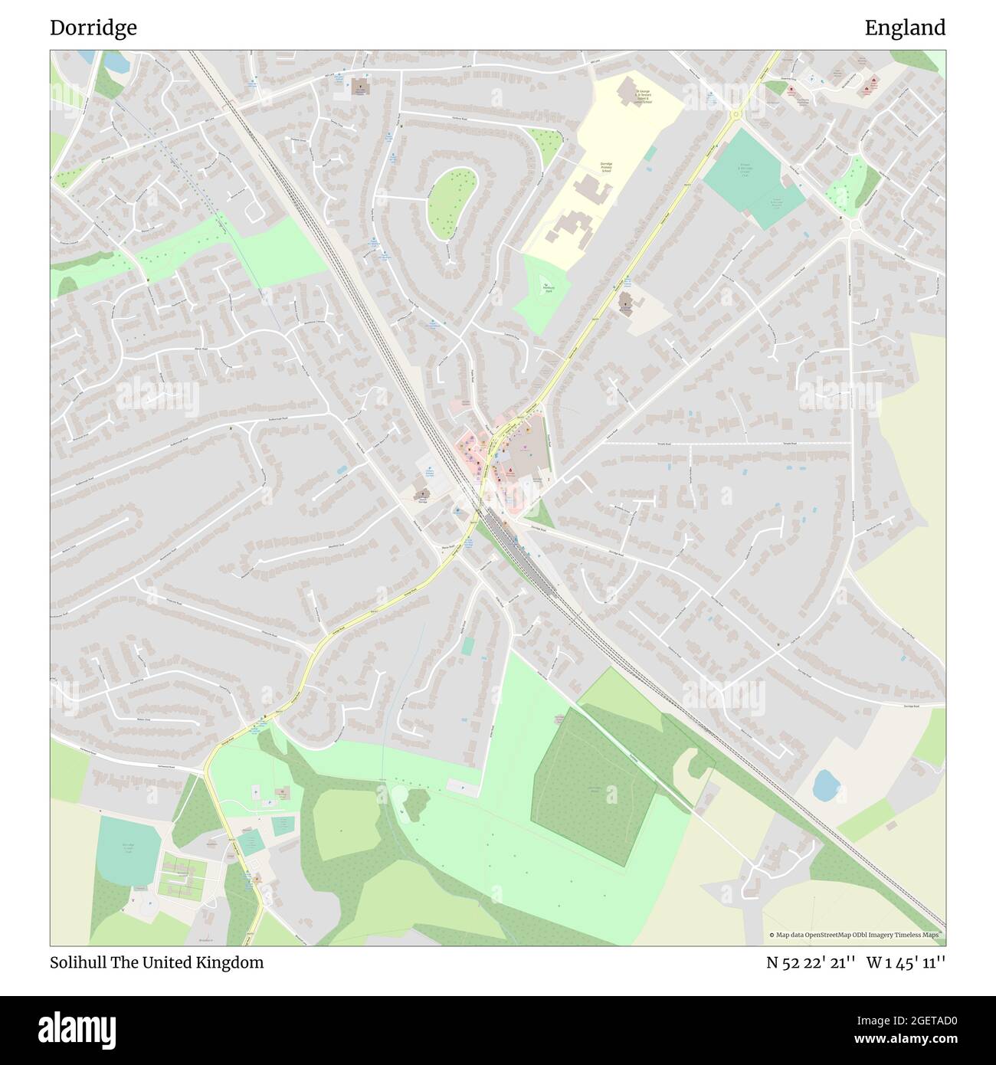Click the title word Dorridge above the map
click(x=93, y=28)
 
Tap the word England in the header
click(x=905, y=28)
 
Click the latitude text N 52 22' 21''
click(x=811, y=962)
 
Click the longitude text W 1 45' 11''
click(x=906, y=962)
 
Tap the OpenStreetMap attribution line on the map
click(x=857, y=935)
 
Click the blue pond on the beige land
click(x=825, y=785)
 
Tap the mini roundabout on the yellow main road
click(x=736, y=114)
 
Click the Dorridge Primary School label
click(x=606, y=168)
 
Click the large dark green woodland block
click(x=594, y=785)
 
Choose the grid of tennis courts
click(x=182, y=876)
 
